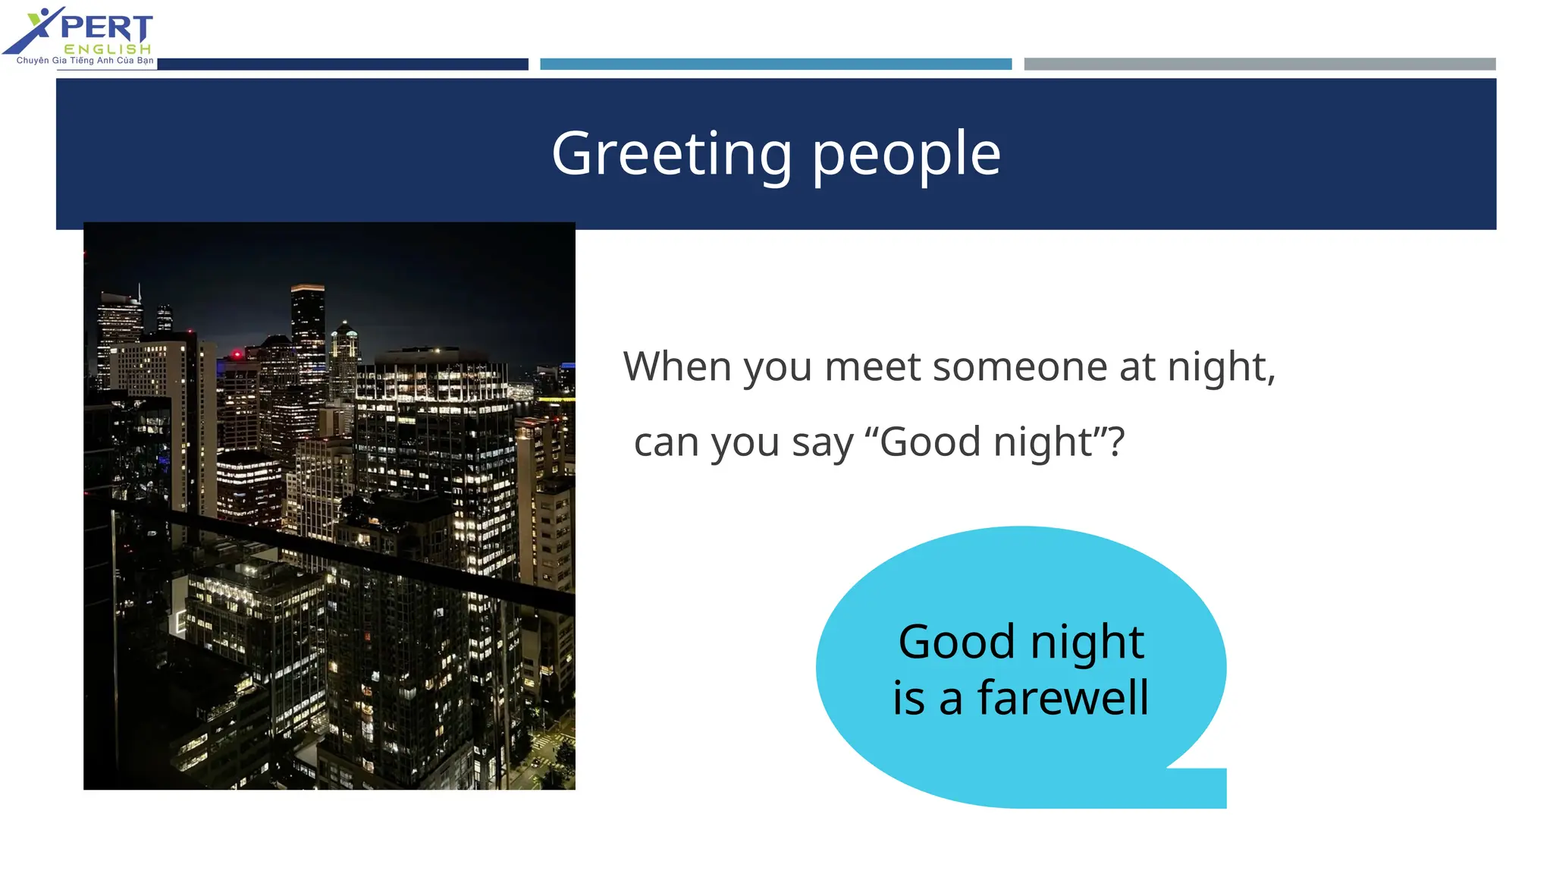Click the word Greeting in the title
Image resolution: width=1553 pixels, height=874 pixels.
point(671,154)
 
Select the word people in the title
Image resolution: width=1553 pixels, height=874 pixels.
point(907,154)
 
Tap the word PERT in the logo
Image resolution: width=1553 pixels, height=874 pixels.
point(106,28)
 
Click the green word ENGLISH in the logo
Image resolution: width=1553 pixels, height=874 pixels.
point(108,49)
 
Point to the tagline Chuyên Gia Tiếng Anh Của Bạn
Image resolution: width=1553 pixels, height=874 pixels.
point(85,61)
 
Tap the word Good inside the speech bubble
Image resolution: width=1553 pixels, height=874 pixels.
point(956,642)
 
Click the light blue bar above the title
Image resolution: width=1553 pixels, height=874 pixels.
point(775,64)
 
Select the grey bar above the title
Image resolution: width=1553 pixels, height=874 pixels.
point(1259,64)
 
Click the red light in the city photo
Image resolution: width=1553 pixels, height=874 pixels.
point(237,354)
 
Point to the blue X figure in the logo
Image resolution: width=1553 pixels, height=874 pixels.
point(34,30)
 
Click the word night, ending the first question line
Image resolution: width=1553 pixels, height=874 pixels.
point(1221,366)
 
